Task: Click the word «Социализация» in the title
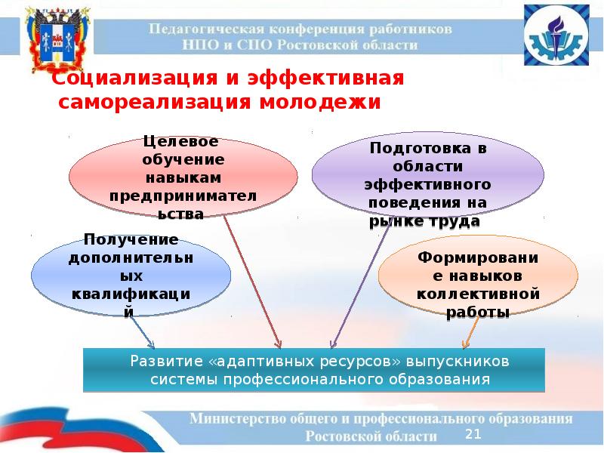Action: (129, 79)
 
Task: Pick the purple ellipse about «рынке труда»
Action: (427, 184)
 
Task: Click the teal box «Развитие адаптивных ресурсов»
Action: (313, 370)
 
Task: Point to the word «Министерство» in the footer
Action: (236, 418)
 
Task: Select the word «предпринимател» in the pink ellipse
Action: (183, 197)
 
